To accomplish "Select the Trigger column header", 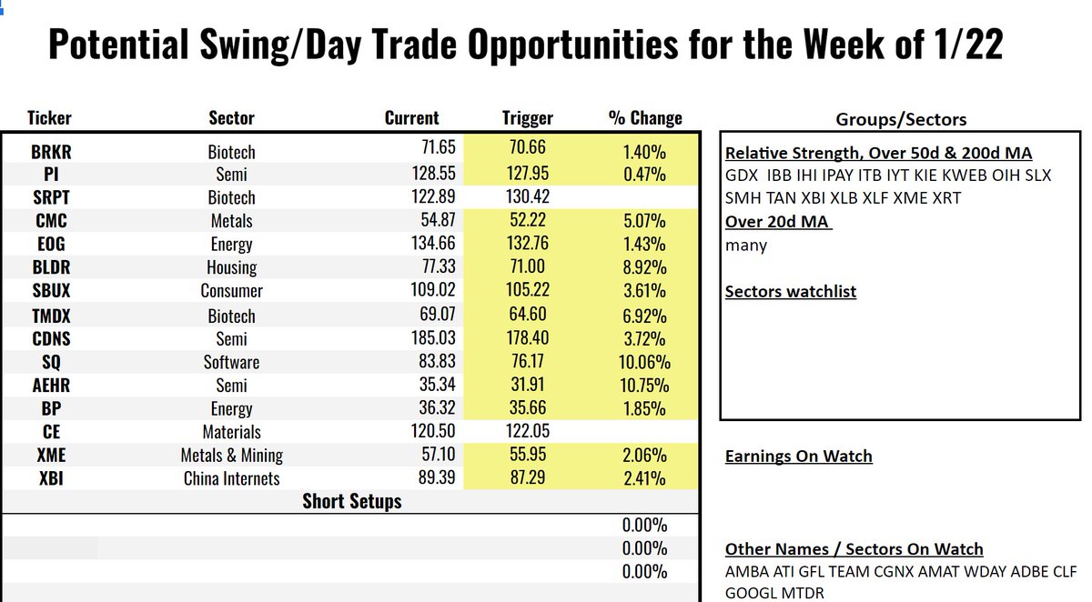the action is click(527, 118).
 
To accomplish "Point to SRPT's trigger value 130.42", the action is click(527, 197).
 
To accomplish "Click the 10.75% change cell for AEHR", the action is click(644, 386).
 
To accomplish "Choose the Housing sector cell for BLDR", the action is click(231, 268).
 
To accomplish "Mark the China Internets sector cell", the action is click(231, 479).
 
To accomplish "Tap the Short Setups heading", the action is click(351, 502).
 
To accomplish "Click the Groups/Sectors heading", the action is click(901, 119).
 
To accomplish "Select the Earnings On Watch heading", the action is click(798, 457).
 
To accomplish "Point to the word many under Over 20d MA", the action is click(746, 245).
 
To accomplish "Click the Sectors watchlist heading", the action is click(790, 292).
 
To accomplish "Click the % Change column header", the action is click(644, 118).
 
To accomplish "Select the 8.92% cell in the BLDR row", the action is click(644, 268).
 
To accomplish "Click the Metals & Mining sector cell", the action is click(231, 456).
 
